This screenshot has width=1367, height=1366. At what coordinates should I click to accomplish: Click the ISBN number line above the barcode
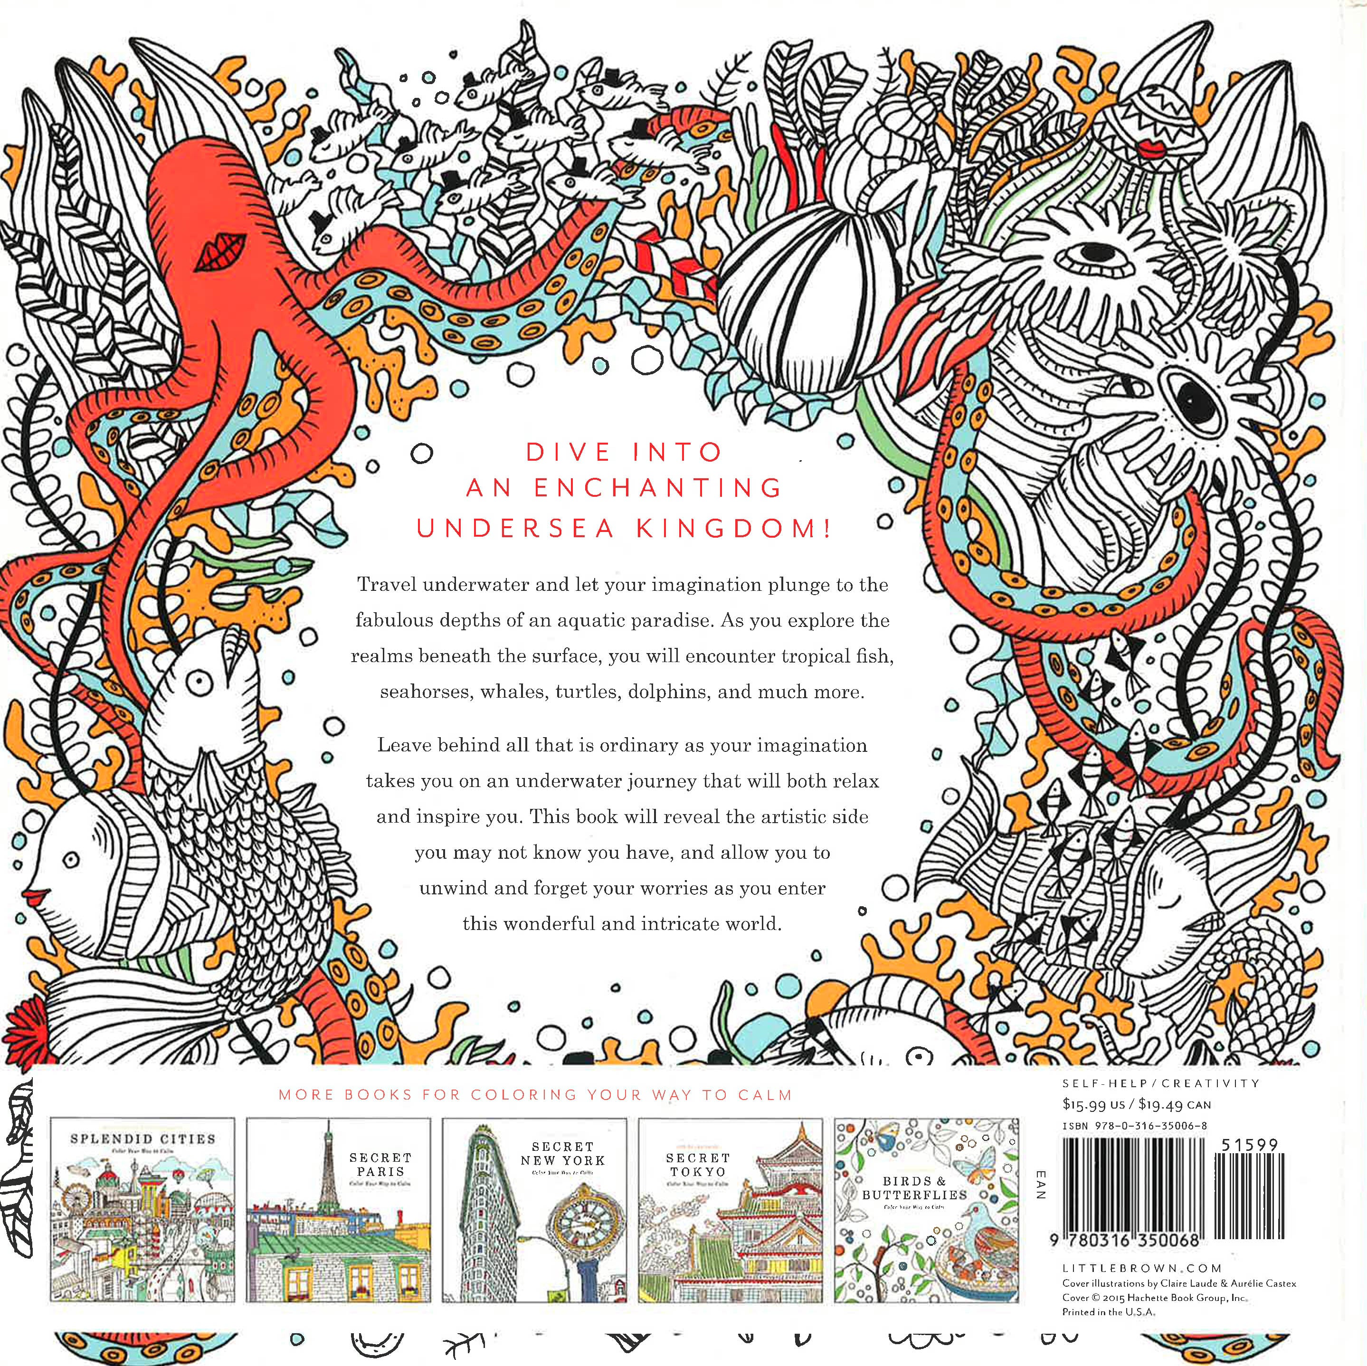(x=1134, y=1126)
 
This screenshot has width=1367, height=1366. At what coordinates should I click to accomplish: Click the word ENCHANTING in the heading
(x=657, y=488)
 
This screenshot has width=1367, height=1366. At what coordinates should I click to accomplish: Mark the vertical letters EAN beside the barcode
(x=1039, y=1186)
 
